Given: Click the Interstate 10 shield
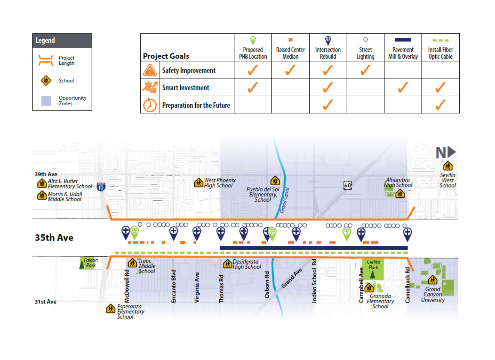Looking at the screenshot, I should (101, 187).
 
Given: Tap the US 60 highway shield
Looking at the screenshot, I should (347, 185).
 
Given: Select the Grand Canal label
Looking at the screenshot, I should (284, 200).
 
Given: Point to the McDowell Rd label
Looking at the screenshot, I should (127, 286).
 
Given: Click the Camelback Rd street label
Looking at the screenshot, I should (407, 285).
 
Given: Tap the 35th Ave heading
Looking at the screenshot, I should (54, 237).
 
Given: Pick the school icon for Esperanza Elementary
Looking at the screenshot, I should (111, 309).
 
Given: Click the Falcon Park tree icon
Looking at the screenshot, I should (82, 265).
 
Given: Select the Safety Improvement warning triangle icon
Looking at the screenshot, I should (150, 70).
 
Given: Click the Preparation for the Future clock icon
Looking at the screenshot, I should (150, 105).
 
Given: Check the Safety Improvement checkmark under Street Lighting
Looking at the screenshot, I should (365, 70).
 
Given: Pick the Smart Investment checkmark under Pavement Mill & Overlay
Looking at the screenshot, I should (403, 87).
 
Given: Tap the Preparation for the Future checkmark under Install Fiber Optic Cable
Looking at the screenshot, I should (440, 105).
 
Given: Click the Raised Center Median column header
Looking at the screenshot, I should (290, 53).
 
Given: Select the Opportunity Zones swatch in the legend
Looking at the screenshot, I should (46, 101).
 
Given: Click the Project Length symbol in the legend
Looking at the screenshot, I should (46, 60).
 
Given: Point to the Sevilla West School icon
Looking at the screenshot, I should (447, 166).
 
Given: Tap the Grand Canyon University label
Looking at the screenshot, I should (433, 295).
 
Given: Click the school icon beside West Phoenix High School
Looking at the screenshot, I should (198, 183).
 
